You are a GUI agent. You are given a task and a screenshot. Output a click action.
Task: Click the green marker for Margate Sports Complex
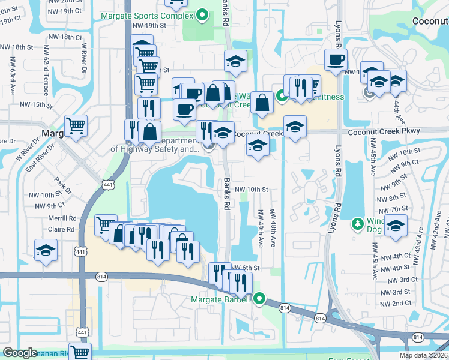[203, 15]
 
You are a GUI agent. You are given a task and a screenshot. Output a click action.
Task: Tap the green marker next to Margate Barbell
[259, 298]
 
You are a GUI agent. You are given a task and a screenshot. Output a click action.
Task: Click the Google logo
[20, 353]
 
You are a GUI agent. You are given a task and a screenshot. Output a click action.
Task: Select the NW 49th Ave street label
[261, 229]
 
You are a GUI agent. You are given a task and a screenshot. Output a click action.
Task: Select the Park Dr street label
[62, 185]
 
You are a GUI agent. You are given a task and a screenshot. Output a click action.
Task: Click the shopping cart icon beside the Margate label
[76, 126]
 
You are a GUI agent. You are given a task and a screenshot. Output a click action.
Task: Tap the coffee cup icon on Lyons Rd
[336, 59]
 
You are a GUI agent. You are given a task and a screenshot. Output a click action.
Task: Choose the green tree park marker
[358, 224]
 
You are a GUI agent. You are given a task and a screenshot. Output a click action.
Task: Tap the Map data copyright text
[423, 355]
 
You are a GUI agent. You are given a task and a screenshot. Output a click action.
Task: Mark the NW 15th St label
[32, 104]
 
